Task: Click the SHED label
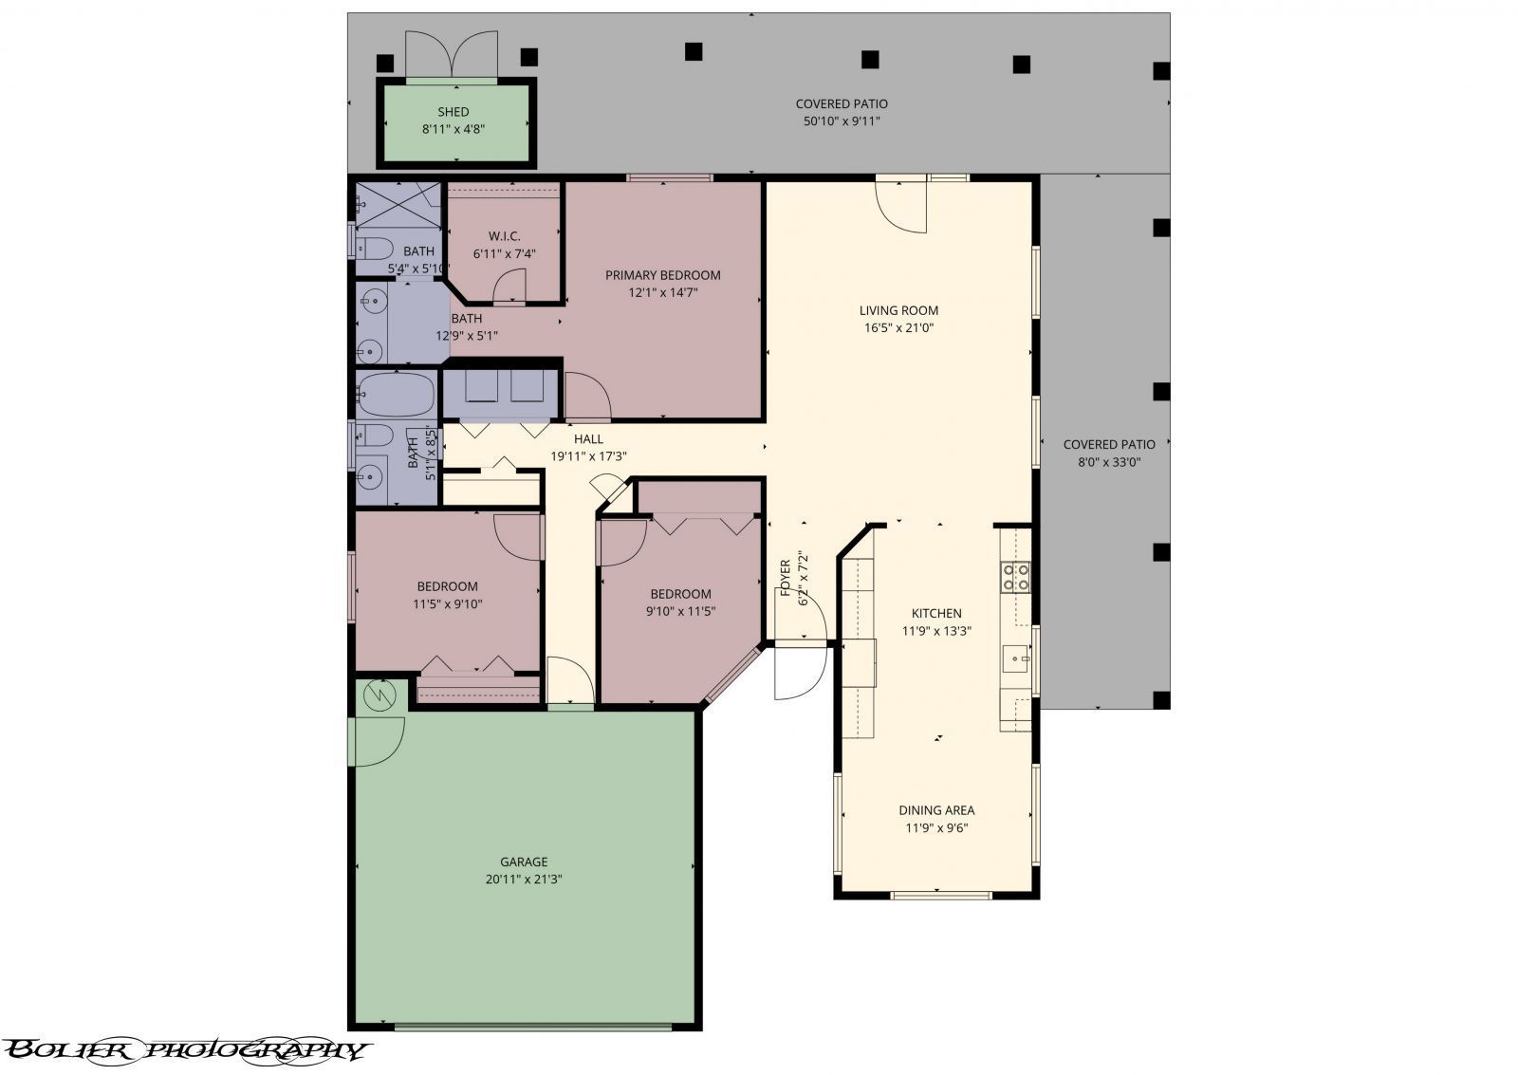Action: (453, 112)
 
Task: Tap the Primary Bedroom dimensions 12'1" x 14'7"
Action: (664, 292)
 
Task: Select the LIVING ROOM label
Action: (898, 310)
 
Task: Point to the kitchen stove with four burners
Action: (1015, 577)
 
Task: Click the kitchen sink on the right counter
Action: (1016, 657)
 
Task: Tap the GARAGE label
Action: (524, 862)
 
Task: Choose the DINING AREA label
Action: (936, 810)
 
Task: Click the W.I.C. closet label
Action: (504, 235)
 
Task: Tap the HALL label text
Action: (588, 438)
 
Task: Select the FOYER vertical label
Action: (786, 579)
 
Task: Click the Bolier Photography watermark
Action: (185, 1049)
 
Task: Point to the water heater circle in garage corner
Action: (379, 695)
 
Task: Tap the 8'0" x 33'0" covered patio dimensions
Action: (1109, 462)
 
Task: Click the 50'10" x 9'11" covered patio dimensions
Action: (842, 120)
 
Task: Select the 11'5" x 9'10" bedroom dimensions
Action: (447, 603)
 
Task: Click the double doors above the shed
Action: (452, 54)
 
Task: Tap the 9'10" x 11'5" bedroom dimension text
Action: (680, 611)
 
